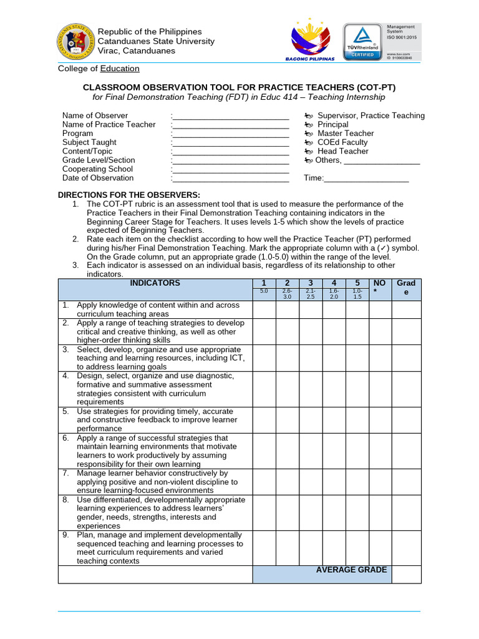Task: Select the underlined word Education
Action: pyautogui.click(x=120, y=69)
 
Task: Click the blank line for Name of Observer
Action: pyautogui.click(x=230, y=116)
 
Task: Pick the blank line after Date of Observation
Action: pyautogui.click(x=230, y=178)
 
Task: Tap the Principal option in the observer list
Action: pyautogui.click(x=333, y=125)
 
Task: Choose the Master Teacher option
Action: pyautogui.click(x=346, y=134)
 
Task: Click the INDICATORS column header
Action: pyautogui.click(x=155, y=283)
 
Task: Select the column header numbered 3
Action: pyautogui.click(x=310, y=283)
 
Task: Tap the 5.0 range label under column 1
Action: pyautogui.click(x=264, y=292)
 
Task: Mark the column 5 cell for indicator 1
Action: pyautogui.click(x=357, y=310)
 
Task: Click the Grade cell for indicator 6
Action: pyautogui.click(x=407, y=451)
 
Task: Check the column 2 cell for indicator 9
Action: pyautogui.click(x=287, y=548)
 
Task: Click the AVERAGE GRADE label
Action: pyautogui.click(x=351, y=570)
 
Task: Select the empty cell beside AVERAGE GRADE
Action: pyautogui.click(x=407, y=574)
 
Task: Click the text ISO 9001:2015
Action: pyautogui.click(x=405, y=37)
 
